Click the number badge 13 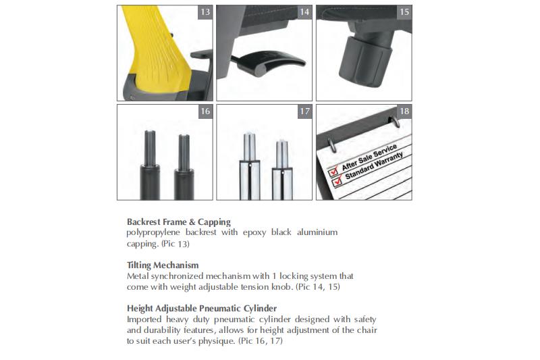click(205, 12)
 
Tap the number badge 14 click(304, 12)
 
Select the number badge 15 click(404, 12)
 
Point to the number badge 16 click(205, 111)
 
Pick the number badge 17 click(304, 111)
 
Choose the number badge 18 click(404, 111)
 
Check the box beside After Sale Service click(333, 170)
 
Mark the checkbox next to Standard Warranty click(337, 180)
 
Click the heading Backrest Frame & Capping click(179, 222)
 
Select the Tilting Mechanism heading click(163, 265)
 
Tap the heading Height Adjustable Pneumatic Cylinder click(202, 308)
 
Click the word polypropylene click(153, 233)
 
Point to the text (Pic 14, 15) click(318, 287)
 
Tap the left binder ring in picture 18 click(331, 145)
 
